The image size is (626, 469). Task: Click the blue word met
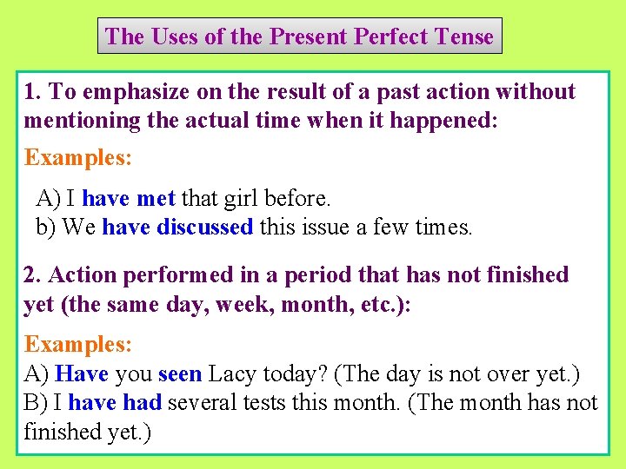pyautogui.click(x=156, y=199)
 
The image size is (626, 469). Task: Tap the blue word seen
pyautogui.click(x=180, y=374)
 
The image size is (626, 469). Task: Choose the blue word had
pyautogui.click(x=142, y=403)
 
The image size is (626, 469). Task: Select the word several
pyautogui.click(x=204, y=403)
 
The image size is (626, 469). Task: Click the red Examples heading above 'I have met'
pyautogui.click(x=78, y=158)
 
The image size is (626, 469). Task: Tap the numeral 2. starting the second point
pyautogui.click(x=32, y=275)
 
